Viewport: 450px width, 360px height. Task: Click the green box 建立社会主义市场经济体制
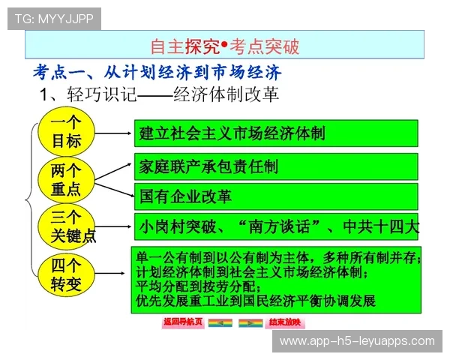click(x=276, y=133)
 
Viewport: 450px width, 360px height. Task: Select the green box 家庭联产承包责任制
click(x=276, y=166)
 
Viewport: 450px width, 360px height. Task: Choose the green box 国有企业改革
click(x=276, y=196)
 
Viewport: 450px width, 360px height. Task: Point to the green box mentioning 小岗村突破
click(x=276, y=226)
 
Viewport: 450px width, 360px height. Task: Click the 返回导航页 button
click(x=182, y=322)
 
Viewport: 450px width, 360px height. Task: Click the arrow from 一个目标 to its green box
click(x=113, y=134)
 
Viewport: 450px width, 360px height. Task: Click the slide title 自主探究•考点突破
click(x=225, y=46)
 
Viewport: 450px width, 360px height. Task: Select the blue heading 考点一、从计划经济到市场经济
click(x=157, y=73)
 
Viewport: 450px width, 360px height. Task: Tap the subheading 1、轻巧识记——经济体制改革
click(x=158, y=94)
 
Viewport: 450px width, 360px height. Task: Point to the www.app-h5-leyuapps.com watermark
click(x=356, y=341)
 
